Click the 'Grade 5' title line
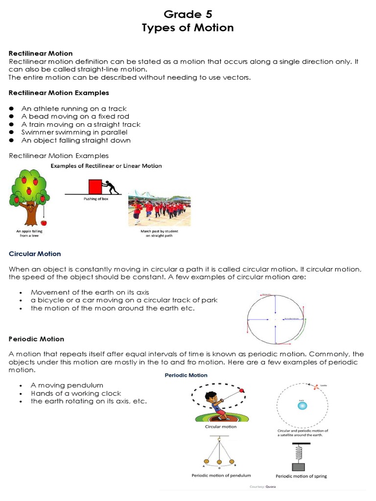188,14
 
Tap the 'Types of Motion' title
188,28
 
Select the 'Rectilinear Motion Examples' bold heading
59,92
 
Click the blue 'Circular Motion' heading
35,254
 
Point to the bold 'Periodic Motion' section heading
37,339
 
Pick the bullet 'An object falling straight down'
76,140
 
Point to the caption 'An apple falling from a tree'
29,232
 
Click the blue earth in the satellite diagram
302,406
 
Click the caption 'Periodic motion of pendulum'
221,475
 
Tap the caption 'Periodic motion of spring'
302,476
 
